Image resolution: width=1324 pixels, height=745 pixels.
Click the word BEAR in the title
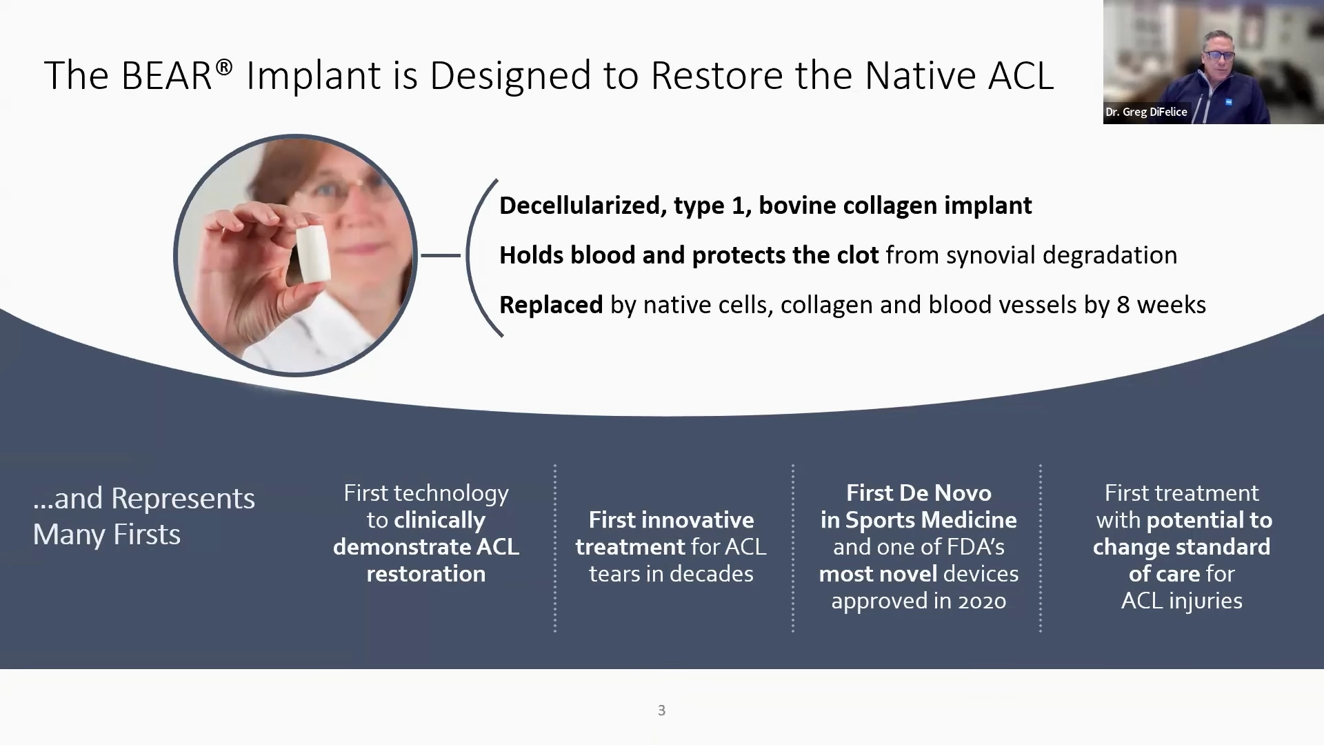pyautogui.click(x=166, y=75)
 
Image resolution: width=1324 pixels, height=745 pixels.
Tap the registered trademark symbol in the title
pyautogui.click(x=224, y=67)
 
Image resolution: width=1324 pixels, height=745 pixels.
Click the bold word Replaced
pyautogui.click(x=551, y=305)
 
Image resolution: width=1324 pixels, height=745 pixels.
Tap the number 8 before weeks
pyautogui.click(x=1123, y=305)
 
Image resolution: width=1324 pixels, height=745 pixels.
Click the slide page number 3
pyautogui.click(x=661, y=711)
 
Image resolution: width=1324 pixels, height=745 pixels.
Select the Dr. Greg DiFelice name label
pyautogui.click(x=1146, y=112)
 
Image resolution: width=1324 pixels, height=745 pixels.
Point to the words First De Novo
pyautogui.click(x=919, y=493)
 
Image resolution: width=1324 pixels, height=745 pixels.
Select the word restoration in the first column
pyautogui.click(x=426, y=574)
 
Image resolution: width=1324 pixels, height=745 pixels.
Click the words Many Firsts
pyautogui.click(x=107, y=535)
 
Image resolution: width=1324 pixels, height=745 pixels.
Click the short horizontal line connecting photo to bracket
pyautogui.click(x=441, y=255)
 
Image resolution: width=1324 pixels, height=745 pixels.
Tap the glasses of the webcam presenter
pyautogui.click(x=1218, y=55)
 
